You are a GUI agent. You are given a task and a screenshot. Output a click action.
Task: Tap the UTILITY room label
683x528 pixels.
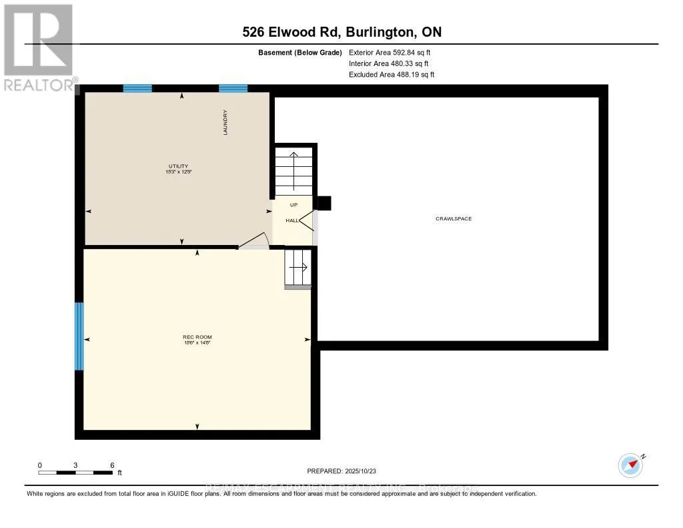click(178, 166)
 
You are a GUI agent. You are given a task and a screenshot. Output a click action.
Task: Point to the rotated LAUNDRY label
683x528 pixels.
click(225, 123)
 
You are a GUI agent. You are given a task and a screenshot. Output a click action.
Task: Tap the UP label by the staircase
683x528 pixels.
click(293, 205)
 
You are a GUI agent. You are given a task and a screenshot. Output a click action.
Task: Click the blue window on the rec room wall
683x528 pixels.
click(79, 336)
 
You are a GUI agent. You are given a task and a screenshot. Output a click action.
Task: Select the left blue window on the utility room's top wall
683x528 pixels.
click(137, 88)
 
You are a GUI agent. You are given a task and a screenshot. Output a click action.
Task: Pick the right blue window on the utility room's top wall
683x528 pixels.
click(233, 88)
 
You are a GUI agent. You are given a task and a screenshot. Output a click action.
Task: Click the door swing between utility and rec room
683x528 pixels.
click(255, 241)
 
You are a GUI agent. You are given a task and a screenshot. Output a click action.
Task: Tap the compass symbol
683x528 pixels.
click(630, 465)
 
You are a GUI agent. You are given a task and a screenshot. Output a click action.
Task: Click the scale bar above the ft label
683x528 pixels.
click(75, 473)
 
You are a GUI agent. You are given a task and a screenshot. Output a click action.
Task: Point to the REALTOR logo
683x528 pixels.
click(38, 47)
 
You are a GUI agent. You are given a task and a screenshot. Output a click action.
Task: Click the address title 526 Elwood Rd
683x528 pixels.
click(341, 31)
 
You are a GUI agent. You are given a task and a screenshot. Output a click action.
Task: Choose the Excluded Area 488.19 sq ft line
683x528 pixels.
click(391, 75)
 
